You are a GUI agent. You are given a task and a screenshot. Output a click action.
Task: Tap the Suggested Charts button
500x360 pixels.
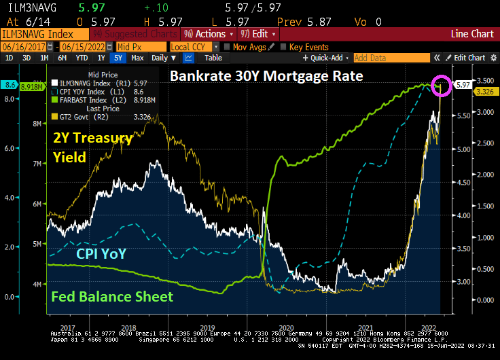tap(127, 33)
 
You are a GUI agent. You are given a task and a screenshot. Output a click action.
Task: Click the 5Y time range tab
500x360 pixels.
tap(116, 58)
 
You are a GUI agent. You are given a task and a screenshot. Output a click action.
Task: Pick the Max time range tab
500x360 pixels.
tap(137, 58)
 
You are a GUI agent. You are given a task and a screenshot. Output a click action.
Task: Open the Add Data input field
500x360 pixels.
tap(391, 58)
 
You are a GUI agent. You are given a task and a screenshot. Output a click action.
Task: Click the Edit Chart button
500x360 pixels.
tap(469, 58)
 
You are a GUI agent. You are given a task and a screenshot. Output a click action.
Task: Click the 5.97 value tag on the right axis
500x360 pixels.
tap(463, 84)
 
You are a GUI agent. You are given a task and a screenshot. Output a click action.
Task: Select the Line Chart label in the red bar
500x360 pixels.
tap(471, 33)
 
